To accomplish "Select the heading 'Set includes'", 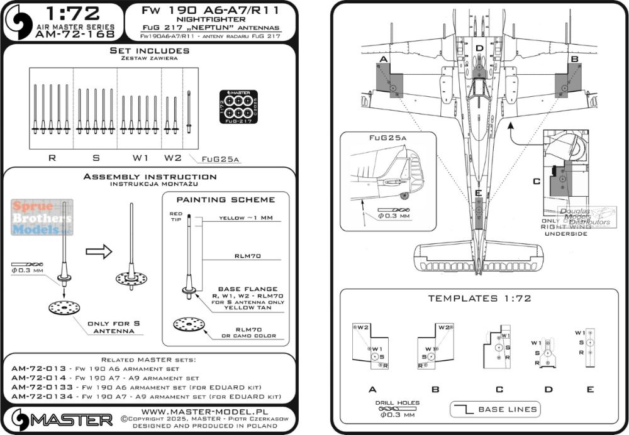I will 149,50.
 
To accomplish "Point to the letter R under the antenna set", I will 52,158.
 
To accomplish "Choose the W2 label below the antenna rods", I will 172,158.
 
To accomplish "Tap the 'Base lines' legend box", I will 495,409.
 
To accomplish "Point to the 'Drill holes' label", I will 397,403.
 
